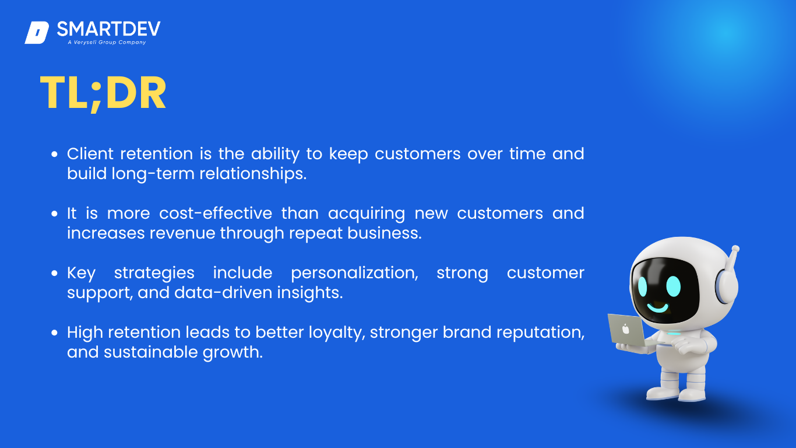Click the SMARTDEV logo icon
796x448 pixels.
[x=37, y=33]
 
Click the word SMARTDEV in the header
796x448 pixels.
[x=109, y=29]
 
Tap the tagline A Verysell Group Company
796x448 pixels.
[x=107, y=43]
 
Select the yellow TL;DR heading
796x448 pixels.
[x=103, y=93]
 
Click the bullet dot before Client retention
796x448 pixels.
[x=54, y=154]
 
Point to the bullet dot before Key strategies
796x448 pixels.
[x=54, y=273]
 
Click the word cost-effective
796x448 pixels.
[x=216, y=213]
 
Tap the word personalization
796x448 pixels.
[x=355, y=274]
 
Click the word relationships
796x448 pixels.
[x=253, y=174]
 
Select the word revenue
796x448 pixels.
[x=182, y=234]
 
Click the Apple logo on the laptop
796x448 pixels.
[x=626, y=329]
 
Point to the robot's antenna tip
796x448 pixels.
[x=735, y=249]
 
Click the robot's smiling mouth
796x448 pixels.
[x=657, y=307]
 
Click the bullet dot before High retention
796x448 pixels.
[x=54, y=332]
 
